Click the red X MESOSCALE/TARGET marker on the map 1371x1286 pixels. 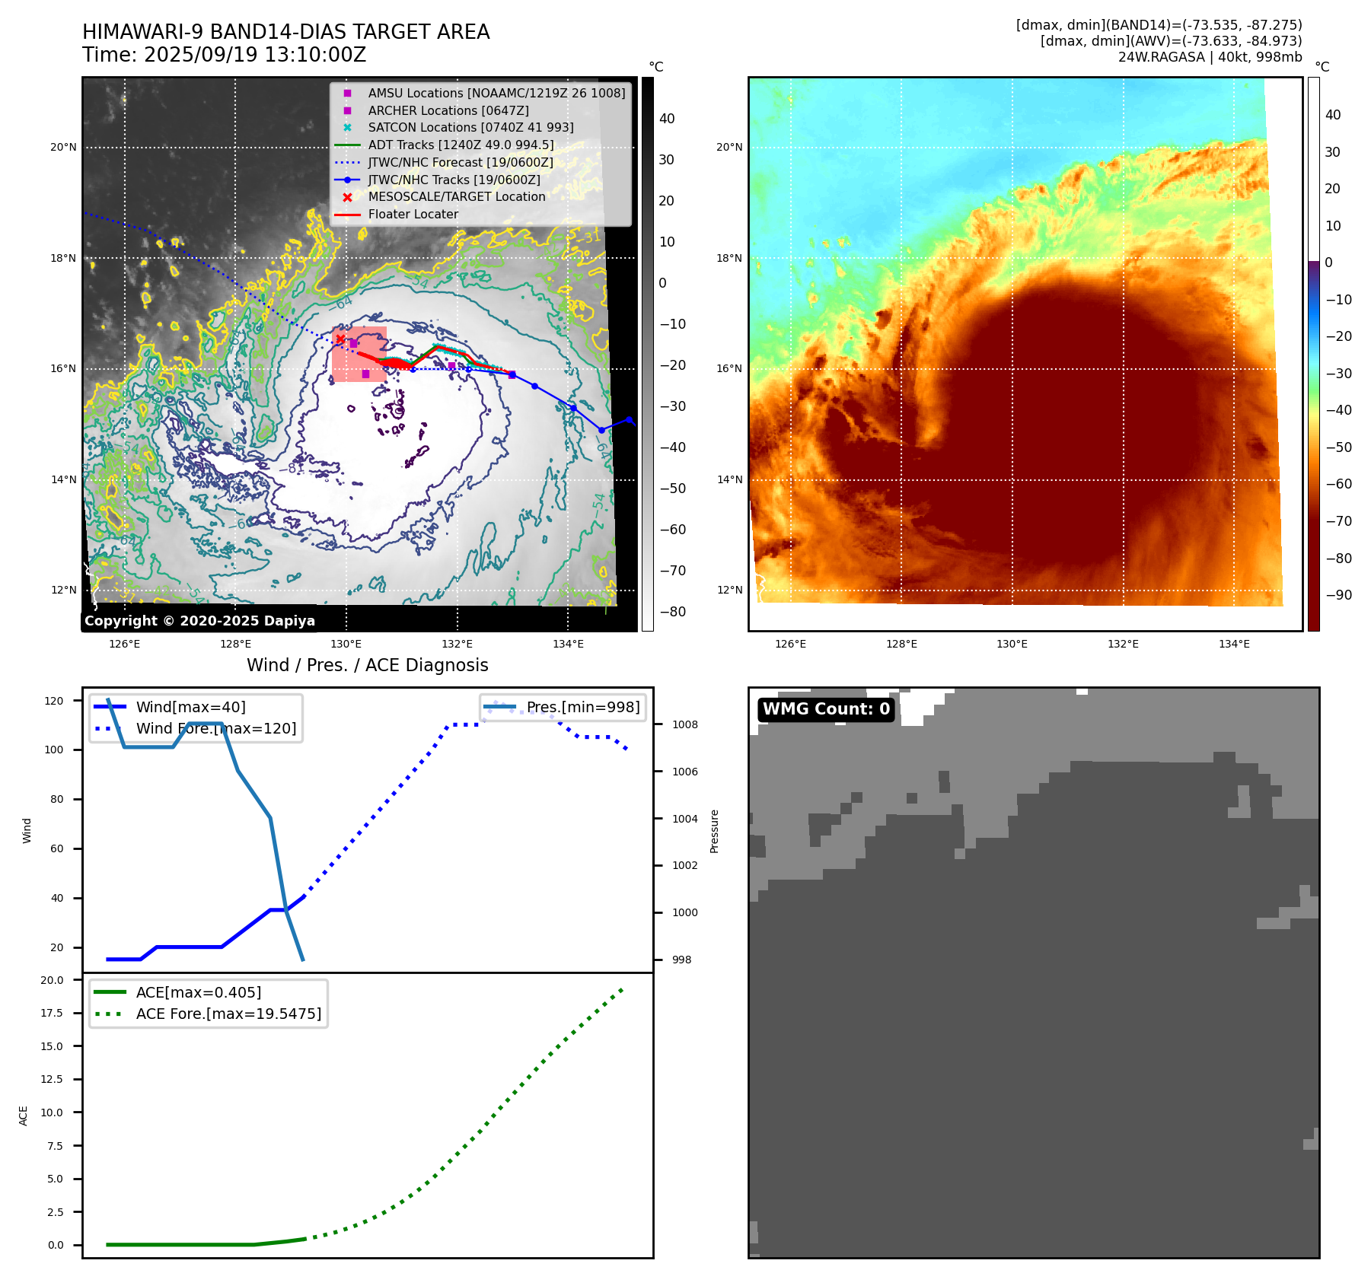(x=340, y=339)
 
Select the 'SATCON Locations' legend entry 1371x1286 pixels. (x=470, y=128)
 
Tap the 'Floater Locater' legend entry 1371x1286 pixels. (x=413, y=215)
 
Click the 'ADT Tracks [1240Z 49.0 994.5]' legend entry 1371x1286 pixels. (x=461, y=145)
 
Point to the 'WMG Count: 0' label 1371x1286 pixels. (x=826, y=709)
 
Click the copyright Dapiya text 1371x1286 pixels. (x=199, y=621)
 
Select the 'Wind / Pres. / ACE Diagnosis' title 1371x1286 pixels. (x=367, y=665)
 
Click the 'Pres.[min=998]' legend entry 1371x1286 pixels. (x=583, y=707)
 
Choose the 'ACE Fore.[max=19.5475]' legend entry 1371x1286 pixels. (x=228, y=1014)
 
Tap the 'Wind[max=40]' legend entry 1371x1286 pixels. (x=190, y=707)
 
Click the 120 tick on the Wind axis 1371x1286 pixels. (x=54, y=701)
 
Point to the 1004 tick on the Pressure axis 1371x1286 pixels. (x=684, y=819)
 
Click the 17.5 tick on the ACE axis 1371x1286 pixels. (x=53, y=1013)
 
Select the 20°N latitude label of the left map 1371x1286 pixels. (x=63, y=148)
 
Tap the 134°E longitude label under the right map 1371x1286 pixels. (x=1234, y=645)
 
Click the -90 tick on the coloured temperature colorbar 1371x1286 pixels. (x=1338, y=595)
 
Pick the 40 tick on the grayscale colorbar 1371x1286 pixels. (x=667, y=119)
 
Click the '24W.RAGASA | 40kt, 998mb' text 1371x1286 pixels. (x=1210, y=57)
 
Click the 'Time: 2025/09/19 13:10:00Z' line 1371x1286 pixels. (x=224, y=56)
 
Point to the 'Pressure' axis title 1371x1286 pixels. (x=714, y=831)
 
